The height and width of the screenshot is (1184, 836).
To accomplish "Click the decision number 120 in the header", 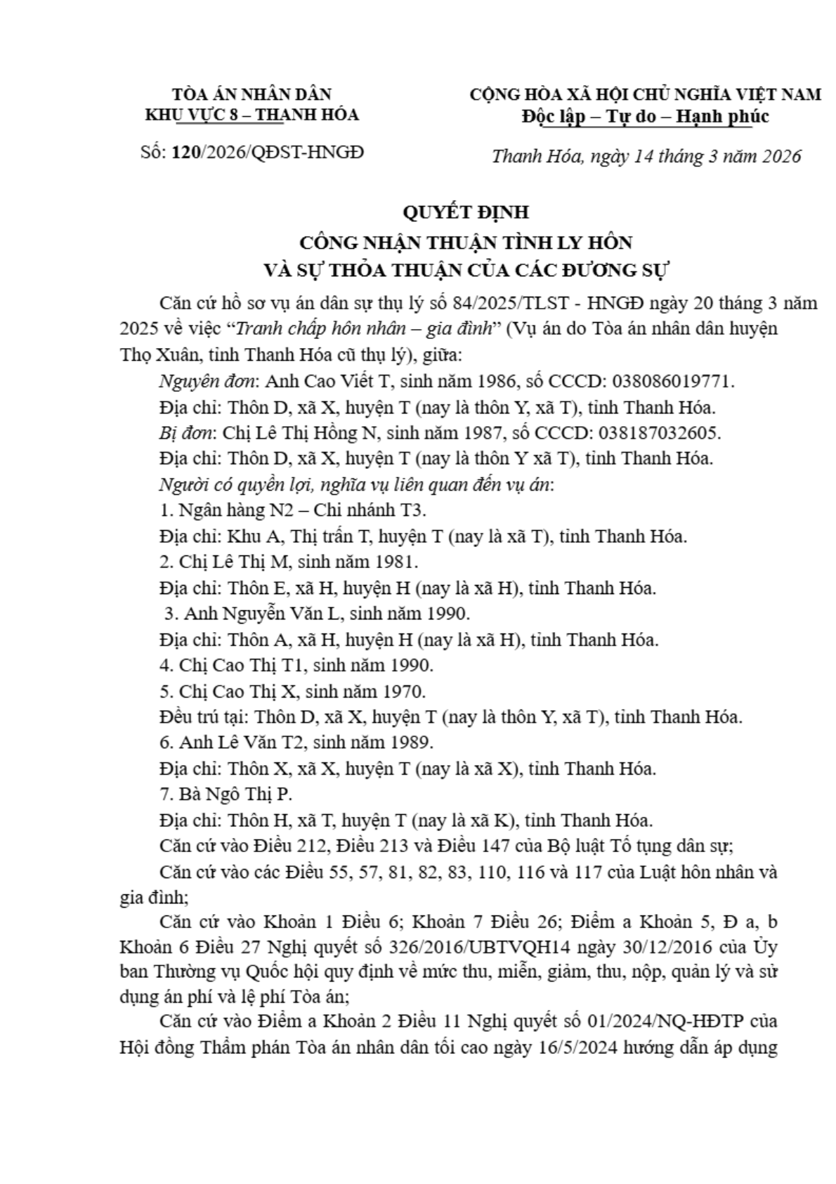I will click(185, 152).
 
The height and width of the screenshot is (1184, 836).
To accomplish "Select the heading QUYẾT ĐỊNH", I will click(466, 212).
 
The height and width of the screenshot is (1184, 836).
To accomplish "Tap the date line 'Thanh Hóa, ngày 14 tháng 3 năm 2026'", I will click(646, 156).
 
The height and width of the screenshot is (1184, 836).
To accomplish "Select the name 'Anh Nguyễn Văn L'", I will click(261, 613).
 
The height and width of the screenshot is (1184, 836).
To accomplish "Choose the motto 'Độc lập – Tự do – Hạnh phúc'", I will click(645, 117).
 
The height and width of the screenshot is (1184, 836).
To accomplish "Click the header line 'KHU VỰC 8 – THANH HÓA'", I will click(252, 115).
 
